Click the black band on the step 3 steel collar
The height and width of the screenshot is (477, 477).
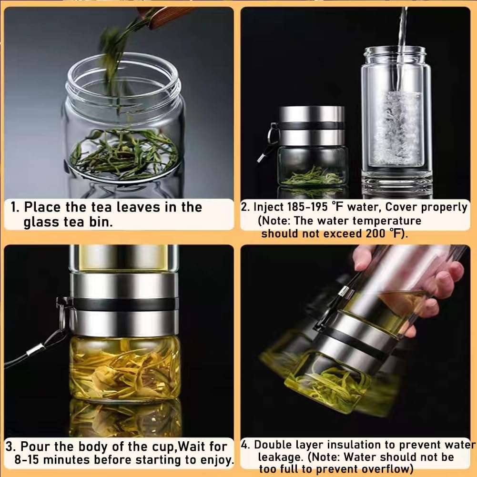(x=124, y=304)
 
